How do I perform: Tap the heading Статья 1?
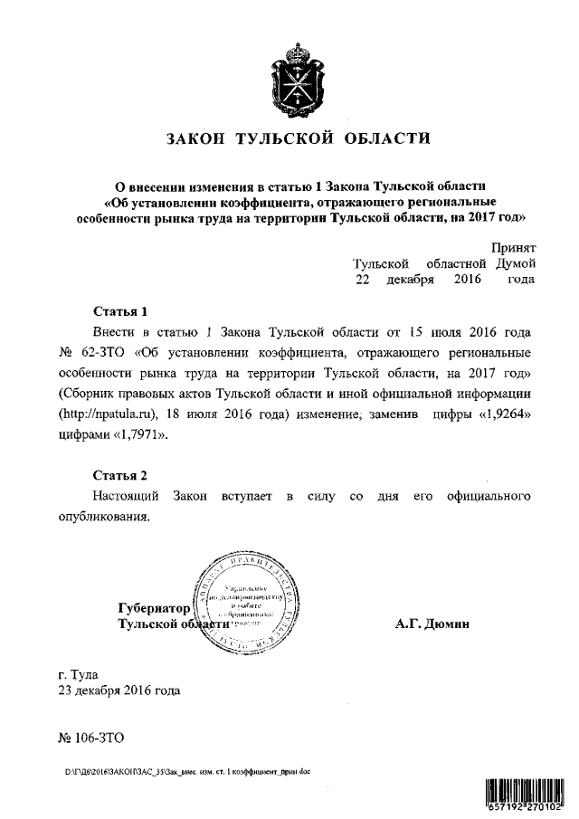coord(119,310)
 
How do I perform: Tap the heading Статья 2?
coord(119,475)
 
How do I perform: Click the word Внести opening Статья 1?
coord(115,331)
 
